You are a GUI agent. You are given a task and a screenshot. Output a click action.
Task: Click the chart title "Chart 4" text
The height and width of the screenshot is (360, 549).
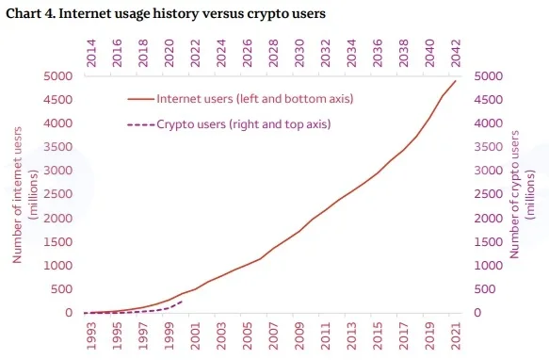[30, 14]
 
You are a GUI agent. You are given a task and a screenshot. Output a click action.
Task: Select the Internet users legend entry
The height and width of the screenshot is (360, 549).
[240, 99]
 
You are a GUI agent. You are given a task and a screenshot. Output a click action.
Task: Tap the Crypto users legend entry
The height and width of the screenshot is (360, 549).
[229, 124]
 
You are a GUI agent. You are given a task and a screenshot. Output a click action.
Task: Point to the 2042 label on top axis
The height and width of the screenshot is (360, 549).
[456, 53]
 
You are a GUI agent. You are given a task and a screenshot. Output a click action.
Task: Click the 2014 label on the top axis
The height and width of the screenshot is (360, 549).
[91, 53]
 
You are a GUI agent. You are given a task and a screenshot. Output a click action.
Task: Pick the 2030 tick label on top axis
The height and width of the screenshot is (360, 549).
[299, 53]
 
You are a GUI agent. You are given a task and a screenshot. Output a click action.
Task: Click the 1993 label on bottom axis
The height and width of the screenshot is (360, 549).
[91, 335]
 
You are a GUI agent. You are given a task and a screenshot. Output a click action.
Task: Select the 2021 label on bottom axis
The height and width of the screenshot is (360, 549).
[456, 335]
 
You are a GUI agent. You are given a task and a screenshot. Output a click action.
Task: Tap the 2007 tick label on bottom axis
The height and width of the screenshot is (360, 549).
[273, 335]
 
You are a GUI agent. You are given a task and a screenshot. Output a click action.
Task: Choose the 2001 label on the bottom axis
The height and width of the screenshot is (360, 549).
[195, 335]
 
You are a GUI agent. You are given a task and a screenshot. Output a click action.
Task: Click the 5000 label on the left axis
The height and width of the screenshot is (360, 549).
[57, 76]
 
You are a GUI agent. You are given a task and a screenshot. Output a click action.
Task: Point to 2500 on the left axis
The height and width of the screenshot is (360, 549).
[57, 194]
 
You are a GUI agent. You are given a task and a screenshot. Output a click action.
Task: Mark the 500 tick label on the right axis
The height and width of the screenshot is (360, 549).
[485, 289]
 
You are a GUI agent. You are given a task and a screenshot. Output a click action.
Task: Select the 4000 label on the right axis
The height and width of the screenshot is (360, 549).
[489, 123]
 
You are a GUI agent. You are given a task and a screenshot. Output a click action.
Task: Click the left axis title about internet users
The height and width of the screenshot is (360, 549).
[24, 195]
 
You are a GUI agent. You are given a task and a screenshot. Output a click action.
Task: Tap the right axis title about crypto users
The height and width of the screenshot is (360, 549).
[522, 194]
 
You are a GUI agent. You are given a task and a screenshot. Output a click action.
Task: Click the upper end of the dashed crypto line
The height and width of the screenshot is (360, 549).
[183, 302]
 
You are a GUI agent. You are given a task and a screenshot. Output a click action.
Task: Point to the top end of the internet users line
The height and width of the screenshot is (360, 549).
[456, 81]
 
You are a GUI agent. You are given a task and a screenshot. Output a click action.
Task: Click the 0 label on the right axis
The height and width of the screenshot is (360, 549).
[477, 313]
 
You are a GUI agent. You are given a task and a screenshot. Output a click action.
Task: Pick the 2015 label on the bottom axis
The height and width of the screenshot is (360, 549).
[378, 335]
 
